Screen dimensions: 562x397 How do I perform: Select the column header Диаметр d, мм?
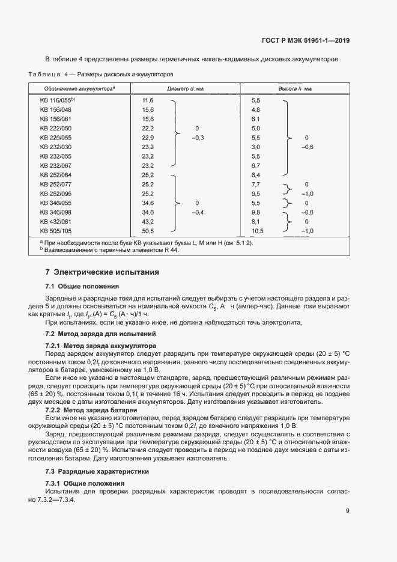[185, 88]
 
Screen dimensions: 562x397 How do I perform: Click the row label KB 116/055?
[57, 100]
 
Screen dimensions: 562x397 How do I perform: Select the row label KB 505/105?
[56, 230]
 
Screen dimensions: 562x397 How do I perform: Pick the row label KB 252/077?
[56, 184]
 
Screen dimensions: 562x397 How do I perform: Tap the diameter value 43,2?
[148, 221]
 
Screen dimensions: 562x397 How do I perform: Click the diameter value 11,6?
[148, 100]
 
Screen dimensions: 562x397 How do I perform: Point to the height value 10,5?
[258, 230]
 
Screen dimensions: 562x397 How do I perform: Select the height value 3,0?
[255, 147]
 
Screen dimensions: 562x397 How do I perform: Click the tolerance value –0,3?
[198, 138]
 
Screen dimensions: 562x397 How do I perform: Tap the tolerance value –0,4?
[198, 212]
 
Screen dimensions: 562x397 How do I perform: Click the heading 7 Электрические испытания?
[103, 272]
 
